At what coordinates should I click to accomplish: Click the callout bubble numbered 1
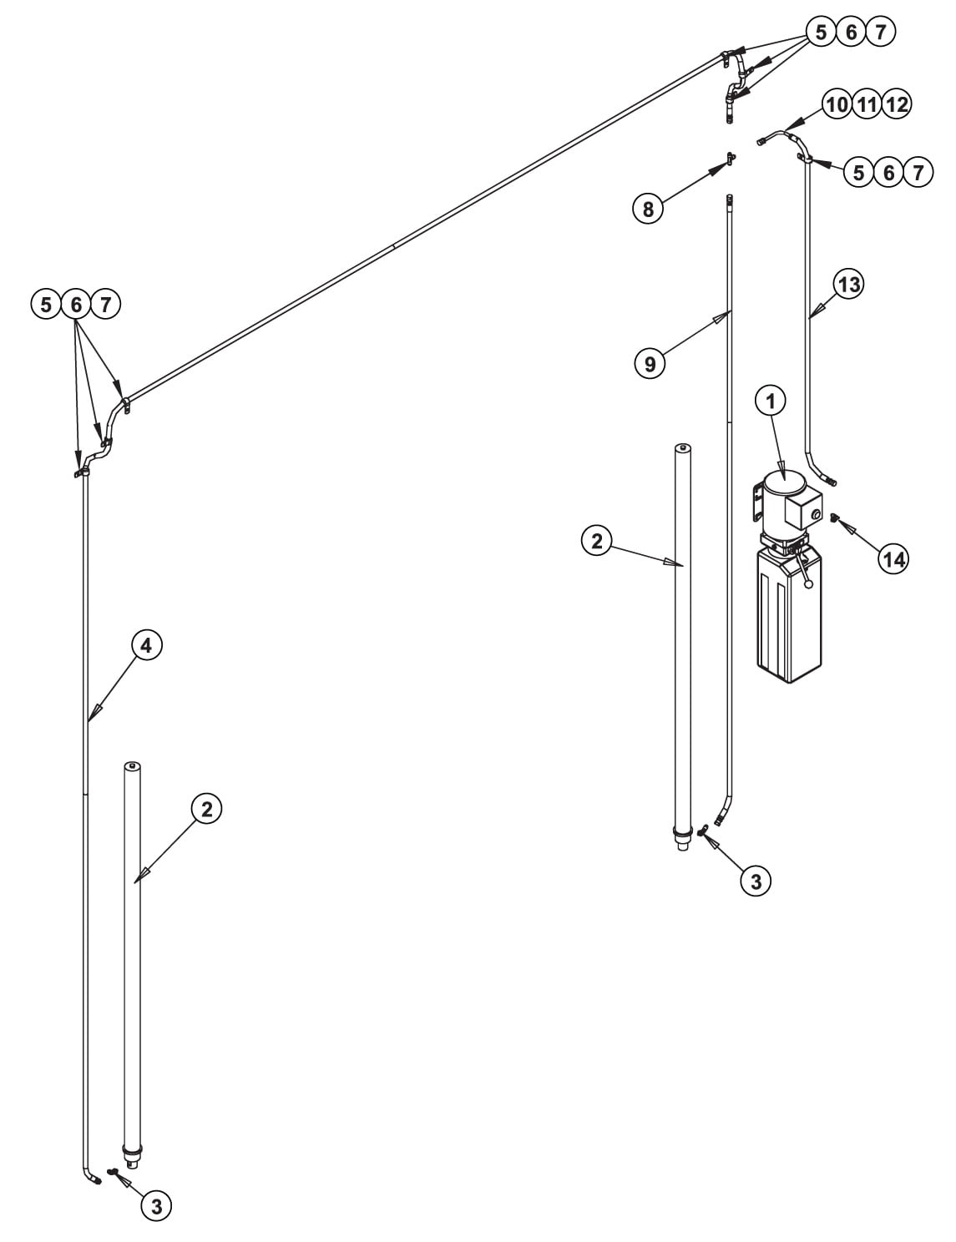[771, 401]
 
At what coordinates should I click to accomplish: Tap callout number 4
[146, 645]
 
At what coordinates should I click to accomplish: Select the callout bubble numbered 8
[648, 210]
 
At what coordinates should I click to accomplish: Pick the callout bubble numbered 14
[893, 559]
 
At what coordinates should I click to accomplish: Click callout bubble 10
[837, 104]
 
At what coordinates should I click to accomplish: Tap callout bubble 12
[897, 104]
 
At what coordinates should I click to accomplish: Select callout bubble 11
[867, 104]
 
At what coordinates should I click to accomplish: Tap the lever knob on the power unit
[808, 584]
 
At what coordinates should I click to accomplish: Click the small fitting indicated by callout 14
[834, 517]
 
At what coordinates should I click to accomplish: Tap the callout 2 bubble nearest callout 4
[206, 809]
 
